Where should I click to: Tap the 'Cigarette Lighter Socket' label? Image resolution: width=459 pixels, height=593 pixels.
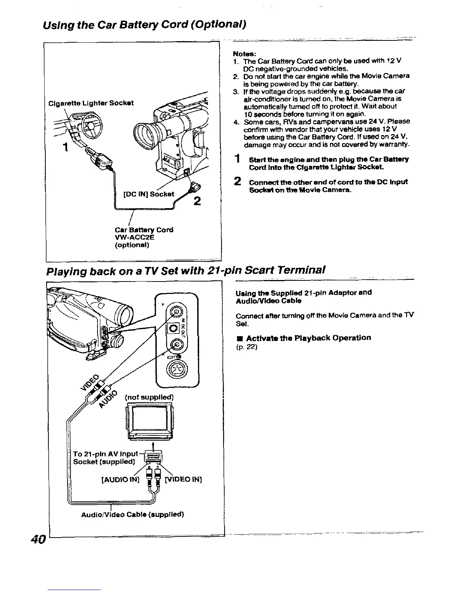[x=91, y=103]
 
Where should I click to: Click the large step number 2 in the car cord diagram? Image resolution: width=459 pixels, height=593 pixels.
[x=197, y=201]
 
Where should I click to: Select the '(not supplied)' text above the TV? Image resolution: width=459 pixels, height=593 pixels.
[x=149, y=396]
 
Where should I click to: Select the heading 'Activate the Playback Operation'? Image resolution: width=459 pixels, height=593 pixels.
[x=309, y=338]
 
